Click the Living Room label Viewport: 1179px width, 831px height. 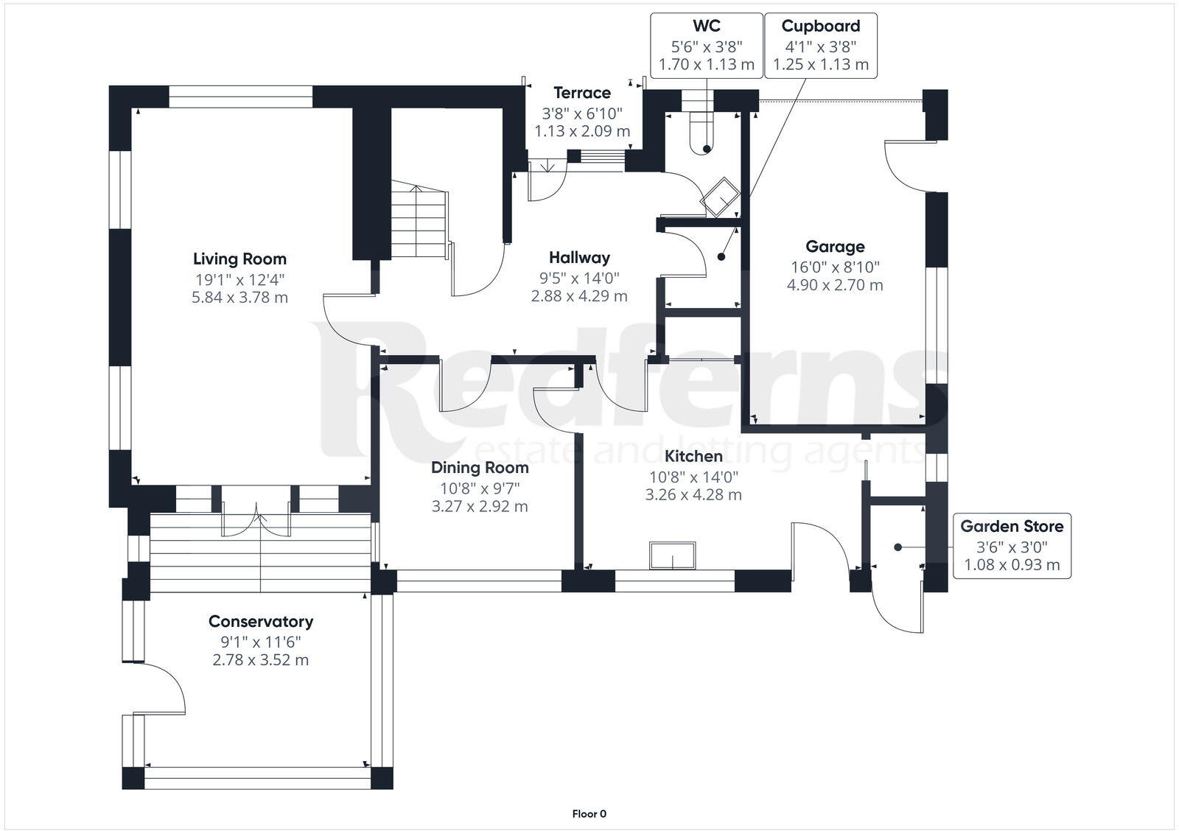(x=239, y=259)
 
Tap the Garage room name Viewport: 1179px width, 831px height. (x=835, y=246)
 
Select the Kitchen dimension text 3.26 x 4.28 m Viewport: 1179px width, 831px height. (x=693, y=495)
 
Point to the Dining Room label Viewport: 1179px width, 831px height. (x=480, y=467)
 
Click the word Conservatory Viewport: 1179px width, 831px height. (x=261, y=622)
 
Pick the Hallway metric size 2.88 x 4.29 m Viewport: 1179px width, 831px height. (x=579, y=296)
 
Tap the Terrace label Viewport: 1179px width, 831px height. (x=582, y=93)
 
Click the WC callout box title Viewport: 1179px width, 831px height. (x=707, y=26)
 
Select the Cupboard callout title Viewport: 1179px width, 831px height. (x=821, y=26)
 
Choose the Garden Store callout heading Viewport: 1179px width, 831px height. (x=1012, y=526)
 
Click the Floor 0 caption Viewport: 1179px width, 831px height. (x=589, y=813)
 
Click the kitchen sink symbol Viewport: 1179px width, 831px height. (x=672, y=555)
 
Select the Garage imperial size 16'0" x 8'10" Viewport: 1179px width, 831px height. (x=835, y=267)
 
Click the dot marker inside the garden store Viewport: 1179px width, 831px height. (x=898, y=547)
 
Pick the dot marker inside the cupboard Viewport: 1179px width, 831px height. (x=721, y=257)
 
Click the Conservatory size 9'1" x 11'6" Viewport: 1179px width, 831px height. (x=261, y=642)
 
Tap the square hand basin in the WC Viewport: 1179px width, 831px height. (x=720, y=197)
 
